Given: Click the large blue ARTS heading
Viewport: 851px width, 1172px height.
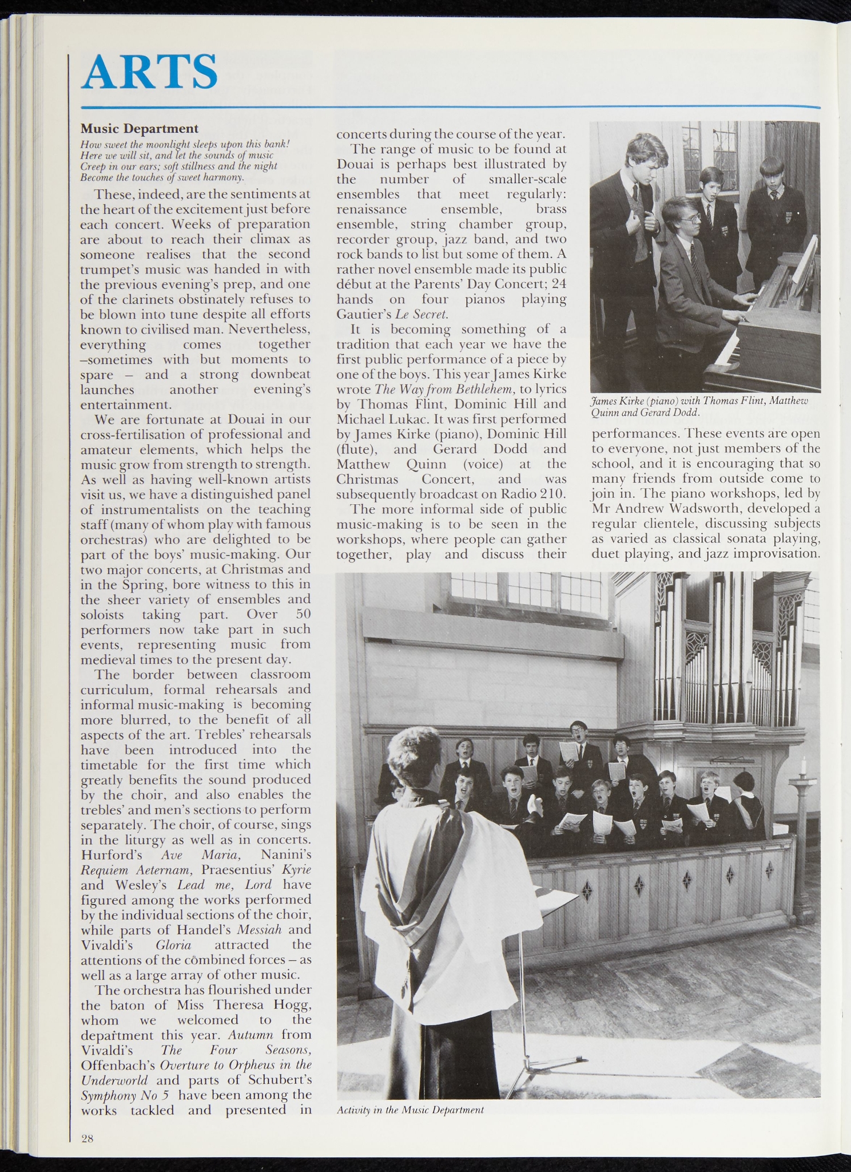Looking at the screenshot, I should tap(149, 72).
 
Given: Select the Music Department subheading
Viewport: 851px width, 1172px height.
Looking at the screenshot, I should tap(139, 128).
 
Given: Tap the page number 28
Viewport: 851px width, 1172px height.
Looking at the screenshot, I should tap(87, 1139).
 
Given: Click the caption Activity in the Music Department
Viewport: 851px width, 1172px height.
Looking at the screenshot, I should tap(410, 1110).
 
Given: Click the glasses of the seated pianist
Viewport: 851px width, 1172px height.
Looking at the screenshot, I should tap(689, 219).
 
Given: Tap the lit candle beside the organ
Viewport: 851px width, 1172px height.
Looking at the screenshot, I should tap(804, 766).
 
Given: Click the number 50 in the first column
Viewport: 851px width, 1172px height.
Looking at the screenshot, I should tap(303, 614).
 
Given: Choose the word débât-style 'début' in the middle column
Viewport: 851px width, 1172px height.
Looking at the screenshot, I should tap(353, 284).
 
